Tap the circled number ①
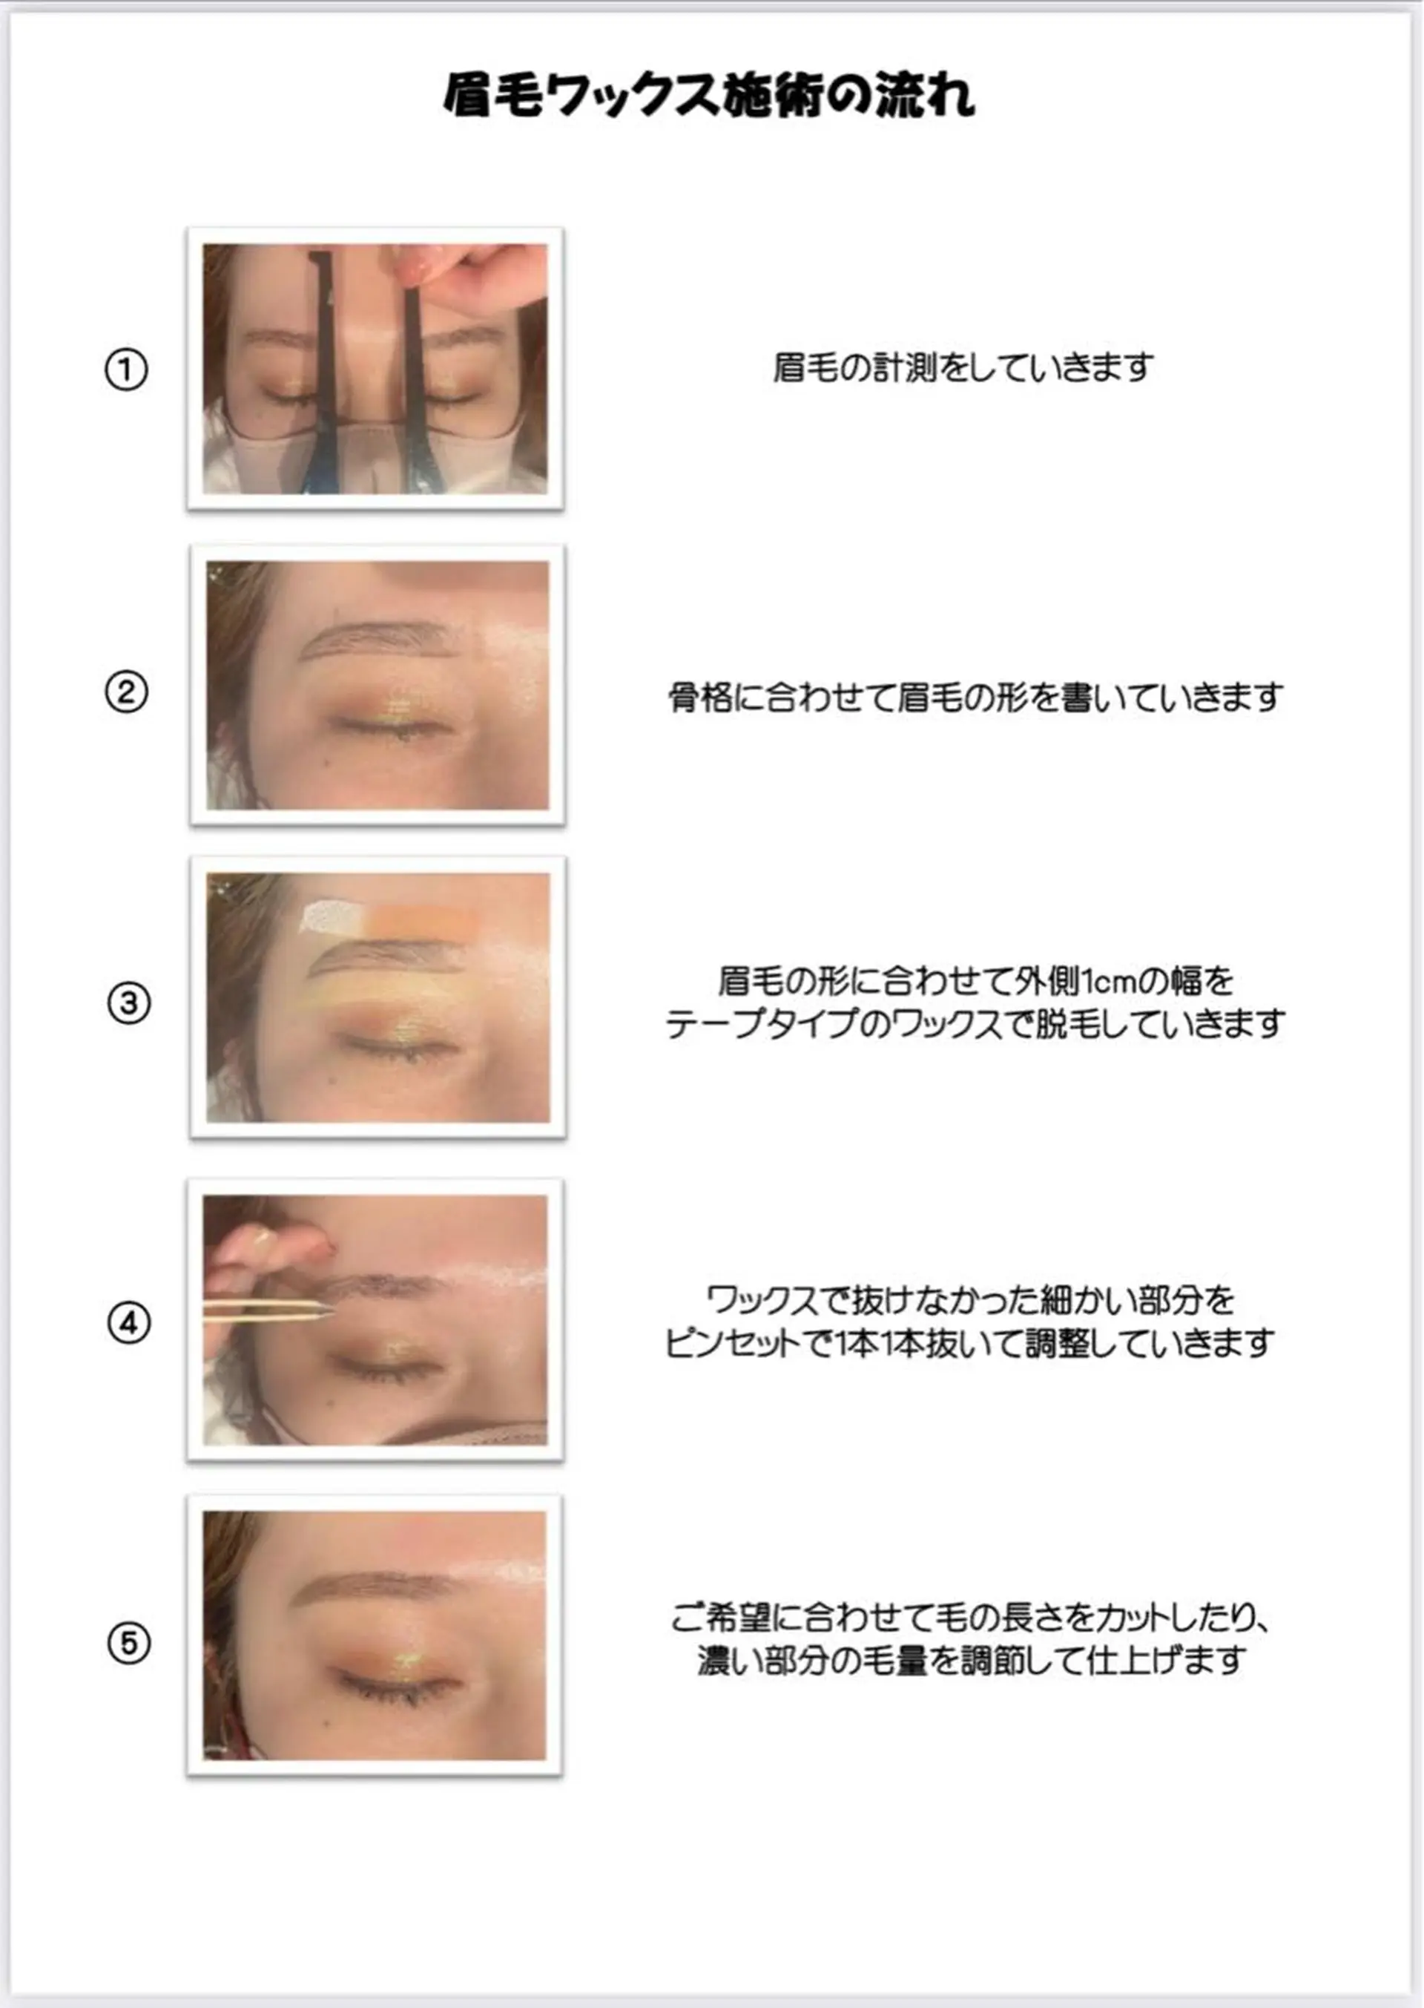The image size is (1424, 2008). pos(126,370)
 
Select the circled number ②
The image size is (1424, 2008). pos(126,692)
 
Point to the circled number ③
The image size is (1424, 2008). pos(129,1003)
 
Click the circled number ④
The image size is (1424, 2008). pos(129,1323)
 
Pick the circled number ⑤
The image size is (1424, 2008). pos(129,1643)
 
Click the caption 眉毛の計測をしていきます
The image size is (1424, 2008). pos(963,369)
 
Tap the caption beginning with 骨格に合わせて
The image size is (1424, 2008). pos(975,698)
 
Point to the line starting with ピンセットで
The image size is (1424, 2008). pos(969,1344)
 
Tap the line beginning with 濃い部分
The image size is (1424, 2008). pos(971,1661)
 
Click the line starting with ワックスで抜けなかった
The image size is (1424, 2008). pos(971,1300)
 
